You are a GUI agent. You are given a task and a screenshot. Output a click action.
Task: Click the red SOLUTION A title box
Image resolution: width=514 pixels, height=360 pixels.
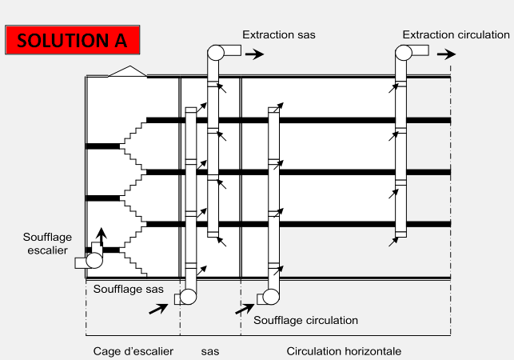73,39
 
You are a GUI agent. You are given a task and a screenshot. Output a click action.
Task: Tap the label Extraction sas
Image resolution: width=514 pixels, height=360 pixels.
279,34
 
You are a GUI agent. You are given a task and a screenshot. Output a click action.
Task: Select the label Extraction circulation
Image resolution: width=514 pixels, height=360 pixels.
456,34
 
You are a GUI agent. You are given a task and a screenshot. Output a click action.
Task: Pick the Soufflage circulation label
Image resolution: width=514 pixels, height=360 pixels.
305,320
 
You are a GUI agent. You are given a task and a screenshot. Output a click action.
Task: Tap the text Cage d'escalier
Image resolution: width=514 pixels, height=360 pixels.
133,351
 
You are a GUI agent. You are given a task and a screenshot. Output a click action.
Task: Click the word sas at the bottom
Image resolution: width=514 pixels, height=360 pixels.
209,351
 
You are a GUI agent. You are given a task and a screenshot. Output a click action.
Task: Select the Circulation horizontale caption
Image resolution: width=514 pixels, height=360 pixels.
344,351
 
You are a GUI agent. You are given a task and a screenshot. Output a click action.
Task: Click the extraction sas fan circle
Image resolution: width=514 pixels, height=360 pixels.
216,53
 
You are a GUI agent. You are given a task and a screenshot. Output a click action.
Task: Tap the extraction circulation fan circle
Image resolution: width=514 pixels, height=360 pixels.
404,53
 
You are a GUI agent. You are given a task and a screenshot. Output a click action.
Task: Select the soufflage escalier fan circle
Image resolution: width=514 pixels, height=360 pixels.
94,260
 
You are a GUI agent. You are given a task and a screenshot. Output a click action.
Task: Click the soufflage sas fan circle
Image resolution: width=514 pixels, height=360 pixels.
189,298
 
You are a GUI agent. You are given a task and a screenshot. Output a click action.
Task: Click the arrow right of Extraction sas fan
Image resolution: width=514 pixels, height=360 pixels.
255,54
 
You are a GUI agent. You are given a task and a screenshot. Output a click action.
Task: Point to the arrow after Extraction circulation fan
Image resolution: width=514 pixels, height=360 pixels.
448,54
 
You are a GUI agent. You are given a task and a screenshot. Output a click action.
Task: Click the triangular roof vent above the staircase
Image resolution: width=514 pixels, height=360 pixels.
127,71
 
